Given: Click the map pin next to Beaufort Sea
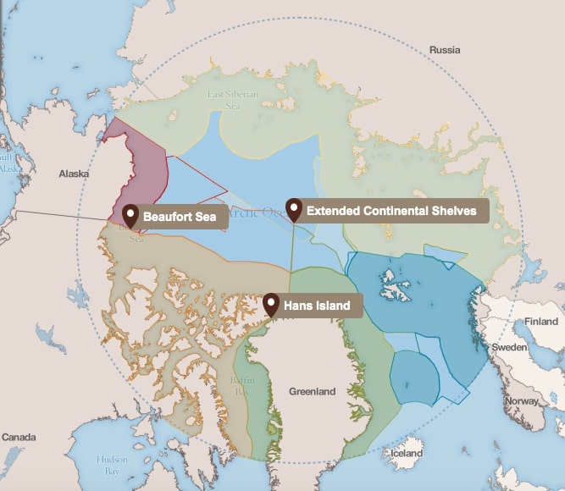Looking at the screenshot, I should click(x=130, y=215).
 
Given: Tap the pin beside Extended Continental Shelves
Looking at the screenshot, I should click(x=294, y=208).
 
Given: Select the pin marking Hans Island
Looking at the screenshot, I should click(x=271, y=304).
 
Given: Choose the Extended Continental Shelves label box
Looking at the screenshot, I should click(x=391, y=211).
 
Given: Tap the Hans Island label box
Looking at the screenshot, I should click(x=317, y=306).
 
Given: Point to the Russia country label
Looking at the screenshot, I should click(x=445, y=50).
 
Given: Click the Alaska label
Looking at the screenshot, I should click(x=74, y=174).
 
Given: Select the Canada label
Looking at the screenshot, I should click(x=18, y=437).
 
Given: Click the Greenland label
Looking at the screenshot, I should click(x=312, y=391).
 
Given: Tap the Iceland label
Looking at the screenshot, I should click(x=407, y=453).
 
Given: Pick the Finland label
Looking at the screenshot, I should click(x=541, y=322).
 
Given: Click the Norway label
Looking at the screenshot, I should click(x=521, y=400).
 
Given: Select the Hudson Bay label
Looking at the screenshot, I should click(x=112, y=465).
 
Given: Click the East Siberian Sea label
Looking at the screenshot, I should click(x=232, y=100).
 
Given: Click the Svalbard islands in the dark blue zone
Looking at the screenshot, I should click(x=391, y=284).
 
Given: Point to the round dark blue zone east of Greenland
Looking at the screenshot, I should click(x=413, y=376).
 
